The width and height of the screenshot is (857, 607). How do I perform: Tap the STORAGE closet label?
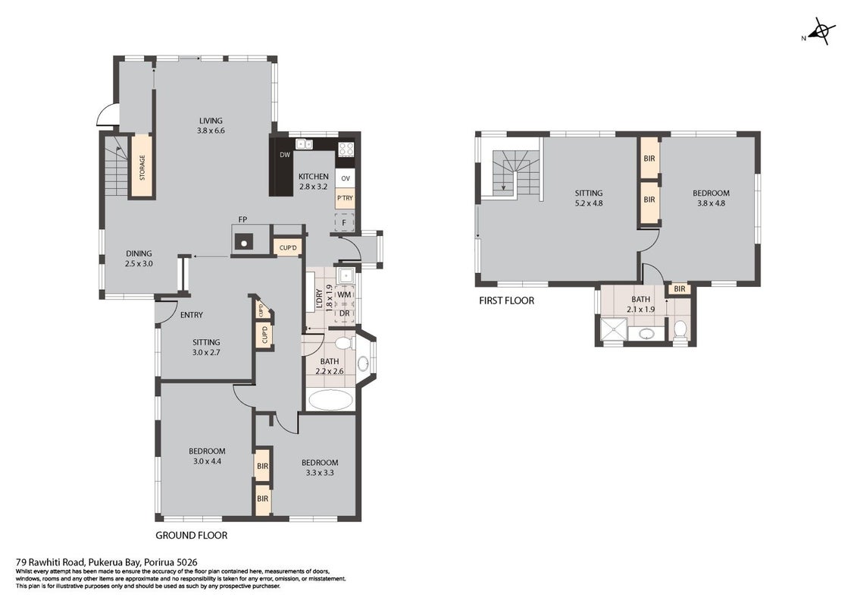tap(142, 167)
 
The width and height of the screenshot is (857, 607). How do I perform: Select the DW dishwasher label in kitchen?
tap(285, 155)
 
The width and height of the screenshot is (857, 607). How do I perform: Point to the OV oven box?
tap(346, 178)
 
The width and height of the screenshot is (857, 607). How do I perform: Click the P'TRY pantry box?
tap(346, 198)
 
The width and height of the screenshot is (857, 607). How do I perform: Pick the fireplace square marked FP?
tap(243, 240)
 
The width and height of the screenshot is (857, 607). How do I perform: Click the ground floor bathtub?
tap(330, 399)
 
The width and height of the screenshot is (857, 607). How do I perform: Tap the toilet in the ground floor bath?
tap(344, 343)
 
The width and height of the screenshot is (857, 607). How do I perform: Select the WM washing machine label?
tap(344, 294)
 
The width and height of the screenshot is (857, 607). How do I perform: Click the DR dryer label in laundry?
tap(344, 313)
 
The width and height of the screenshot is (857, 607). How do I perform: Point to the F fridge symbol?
tap(344, 222)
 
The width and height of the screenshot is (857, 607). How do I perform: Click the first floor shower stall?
tap(611, 330)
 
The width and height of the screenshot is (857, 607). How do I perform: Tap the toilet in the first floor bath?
tap(680, 329)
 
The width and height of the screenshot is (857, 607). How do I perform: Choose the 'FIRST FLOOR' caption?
tap(507, 300)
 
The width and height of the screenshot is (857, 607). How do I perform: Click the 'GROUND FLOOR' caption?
tap(191, 536)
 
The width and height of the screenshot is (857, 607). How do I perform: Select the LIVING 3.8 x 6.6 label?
tap(211, 125)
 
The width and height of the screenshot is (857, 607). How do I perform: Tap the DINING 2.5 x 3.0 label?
tap(139, 258)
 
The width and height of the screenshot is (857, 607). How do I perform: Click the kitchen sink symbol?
tap(304, 144)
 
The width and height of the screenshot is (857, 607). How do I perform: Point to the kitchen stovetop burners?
tap(346, 148)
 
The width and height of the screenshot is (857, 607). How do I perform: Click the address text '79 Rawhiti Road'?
tap(50, 562)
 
